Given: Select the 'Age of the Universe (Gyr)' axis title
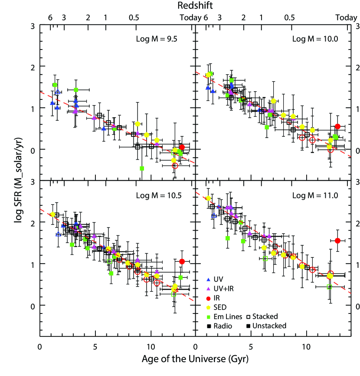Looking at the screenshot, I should pyautogui.click(x=195, y=360).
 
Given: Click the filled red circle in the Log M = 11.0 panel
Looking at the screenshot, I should pyautogui.click(x=337, y=241).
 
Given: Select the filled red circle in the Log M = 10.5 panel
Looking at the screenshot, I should pyautogui.click(x=182, y=261).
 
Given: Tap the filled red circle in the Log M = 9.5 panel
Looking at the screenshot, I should pyautogui.click(x=182, y=148).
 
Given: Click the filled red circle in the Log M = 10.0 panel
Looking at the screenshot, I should pyautogui.click(x=337, y=126).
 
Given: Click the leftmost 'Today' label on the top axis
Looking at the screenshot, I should pyautogui.click(x=190, y=18).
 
